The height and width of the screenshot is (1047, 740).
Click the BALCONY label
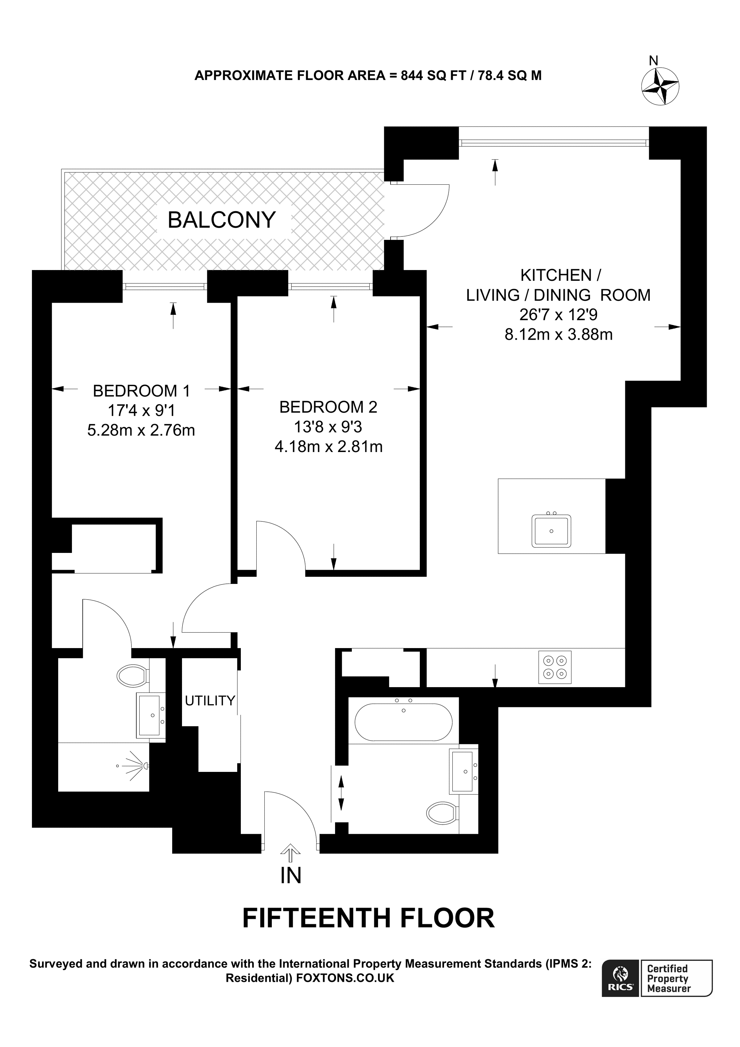pos(222,220)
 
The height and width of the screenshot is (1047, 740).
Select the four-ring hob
pos(555,667)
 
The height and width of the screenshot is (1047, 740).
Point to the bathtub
pos(404,722)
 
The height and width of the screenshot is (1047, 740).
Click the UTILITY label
pos(210,701)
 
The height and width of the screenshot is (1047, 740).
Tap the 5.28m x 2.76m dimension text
pos(141,430)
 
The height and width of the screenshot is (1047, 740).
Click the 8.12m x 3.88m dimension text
pos(559,335)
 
